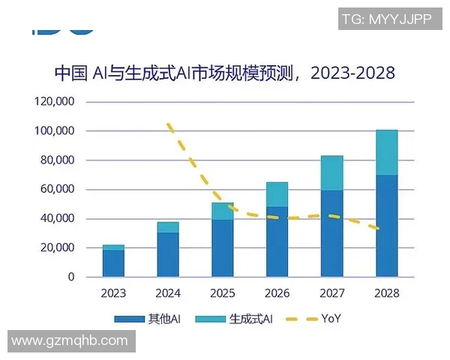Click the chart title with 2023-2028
[224, 73]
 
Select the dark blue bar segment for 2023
[113, 263]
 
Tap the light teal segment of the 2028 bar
[386, 152]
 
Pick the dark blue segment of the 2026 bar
[277, 241]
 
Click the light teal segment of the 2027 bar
[331, 173]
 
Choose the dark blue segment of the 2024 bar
[168, 254]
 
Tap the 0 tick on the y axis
[71, 277]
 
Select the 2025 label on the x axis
[223, 293]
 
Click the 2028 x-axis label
[386, 293]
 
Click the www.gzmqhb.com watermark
[70, 340]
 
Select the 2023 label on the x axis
[113, 293]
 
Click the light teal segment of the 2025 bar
[223, 211]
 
